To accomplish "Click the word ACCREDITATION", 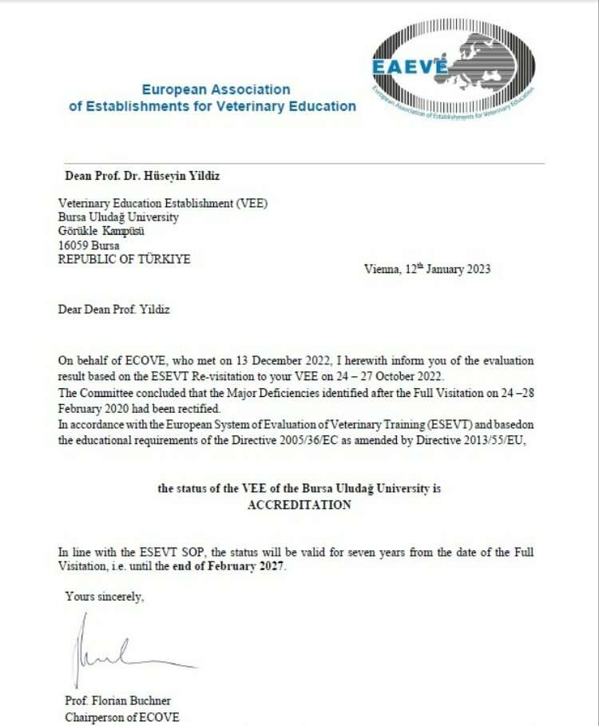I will pyautogui.click(x=299, y=505).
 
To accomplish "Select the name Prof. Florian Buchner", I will pyautogui.click(x=117, y=701).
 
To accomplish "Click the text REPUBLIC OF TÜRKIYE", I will pyautogui.click(x=125, y=260).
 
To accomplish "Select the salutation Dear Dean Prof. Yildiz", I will pyautogui.click(x=113, y=310).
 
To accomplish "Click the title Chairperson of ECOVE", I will pyautogui.click(x=122, y=716).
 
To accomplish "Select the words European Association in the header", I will pyautogui.click(x=216, y=89).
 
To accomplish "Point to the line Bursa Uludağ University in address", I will pyautogui.click(x=118, y=217).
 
